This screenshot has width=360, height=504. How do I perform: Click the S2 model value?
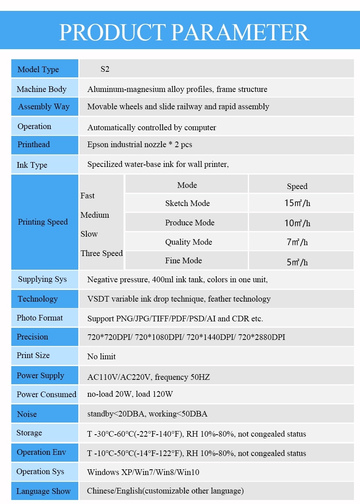[105, 69]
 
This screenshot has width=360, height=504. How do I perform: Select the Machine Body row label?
[42, 89]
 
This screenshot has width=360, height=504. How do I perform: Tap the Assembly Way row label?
[44, 107]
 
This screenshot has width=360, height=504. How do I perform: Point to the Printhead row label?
[33, 144]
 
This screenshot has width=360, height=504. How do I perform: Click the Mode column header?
[187, 185]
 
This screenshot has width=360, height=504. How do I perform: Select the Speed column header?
[297, 186]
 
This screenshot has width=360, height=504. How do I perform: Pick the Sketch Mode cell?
[187, 203]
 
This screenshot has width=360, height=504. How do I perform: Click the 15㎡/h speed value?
[297, 203]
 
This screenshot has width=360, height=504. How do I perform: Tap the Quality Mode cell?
[188, 242]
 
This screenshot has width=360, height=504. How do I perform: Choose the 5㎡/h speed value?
[297, 262]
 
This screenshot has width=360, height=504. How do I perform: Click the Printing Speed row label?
[43, 222]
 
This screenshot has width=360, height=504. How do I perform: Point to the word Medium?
[95, 215]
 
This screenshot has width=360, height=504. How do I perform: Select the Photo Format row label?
[40, 318]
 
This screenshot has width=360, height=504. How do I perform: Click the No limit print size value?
[101, 356]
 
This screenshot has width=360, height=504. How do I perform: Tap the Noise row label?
[27, 414]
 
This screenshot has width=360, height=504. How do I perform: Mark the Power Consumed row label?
[46, 394]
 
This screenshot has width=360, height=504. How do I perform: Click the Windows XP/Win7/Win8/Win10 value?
[143, 472]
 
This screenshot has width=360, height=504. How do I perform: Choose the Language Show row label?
[43, 491]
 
